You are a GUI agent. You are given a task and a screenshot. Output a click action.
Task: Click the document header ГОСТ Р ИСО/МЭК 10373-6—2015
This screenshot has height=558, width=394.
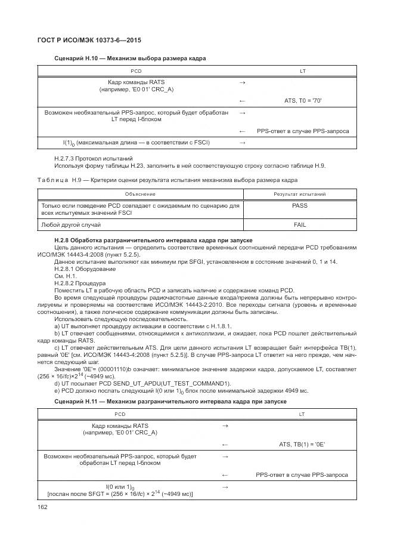pyautogui.click(x=85, y=40)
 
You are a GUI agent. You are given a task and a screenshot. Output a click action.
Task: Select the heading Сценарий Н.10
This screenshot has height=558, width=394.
pyautogui.click(x=130, y=59)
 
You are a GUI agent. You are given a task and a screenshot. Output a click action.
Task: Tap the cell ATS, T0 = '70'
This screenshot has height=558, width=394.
pyautogui.click(x=303, y=101)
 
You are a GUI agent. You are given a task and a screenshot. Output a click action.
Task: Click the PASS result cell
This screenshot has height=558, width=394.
pyautogui.click(x=299, y=205)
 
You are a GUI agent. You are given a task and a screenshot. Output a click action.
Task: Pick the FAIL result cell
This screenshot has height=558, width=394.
pyautogui.click(x=299, y=225)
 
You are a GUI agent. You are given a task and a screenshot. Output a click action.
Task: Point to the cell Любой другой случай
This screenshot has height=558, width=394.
pyautogui.click(x=70, y=225)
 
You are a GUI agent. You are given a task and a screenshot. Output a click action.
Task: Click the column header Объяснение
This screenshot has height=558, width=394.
pyautogui.click(x=140, y=194)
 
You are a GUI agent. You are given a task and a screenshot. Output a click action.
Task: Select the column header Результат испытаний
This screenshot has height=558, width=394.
pyautogui.click(x=299, y=194)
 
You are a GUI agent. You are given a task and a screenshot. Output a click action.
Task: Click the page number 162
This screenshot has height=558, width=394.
pyautogui.click(x=42, y=507)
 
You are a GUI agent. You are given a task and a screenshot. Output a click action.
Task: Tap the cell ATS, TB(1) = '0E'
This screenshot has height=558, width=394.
pyautogui.click(x=302, y=445)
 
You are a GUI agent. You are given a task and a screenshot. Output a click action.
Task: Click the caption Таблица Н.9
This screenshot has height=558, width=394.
pyautogui.click(x=167, y=180)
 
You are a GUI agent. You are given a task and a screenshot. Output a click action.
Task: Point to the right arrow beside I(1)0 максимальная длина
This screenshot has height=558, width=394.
pyautogui.click(x=242, y=143)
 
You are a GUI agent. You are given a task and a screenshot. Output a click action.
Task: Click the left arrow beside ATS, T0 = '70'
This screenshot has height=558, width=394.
pyautogui.click(x=242, y=101)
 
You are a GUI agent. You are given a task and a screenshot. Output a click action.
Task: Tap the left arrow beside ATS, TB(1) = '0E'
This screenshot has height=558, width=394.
pyautogui.click(x=225, y=445)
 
